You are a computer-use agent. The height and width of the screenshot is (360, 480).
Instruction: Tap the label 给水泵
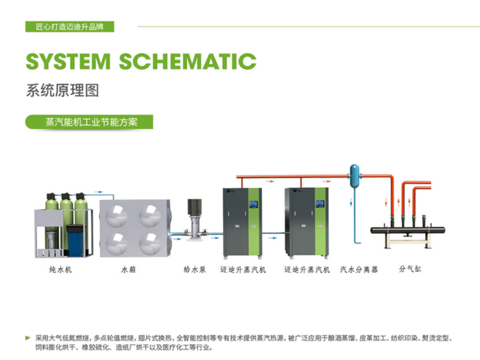pos(193,269)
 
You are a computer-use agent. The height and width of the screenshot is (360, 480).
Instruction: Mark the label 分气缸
pos(409,269)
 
